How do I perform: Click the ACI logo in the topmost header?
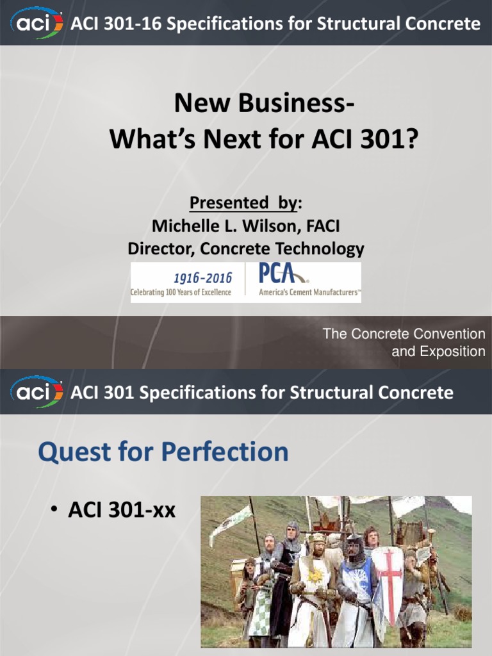(x=37, y=23)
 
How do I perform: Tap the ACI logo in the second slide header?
(x=37, y=391)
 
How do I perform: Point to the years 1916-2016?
(x=202, y=277)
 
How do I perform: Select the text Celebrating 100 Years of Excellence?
(x=181, y=293)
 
